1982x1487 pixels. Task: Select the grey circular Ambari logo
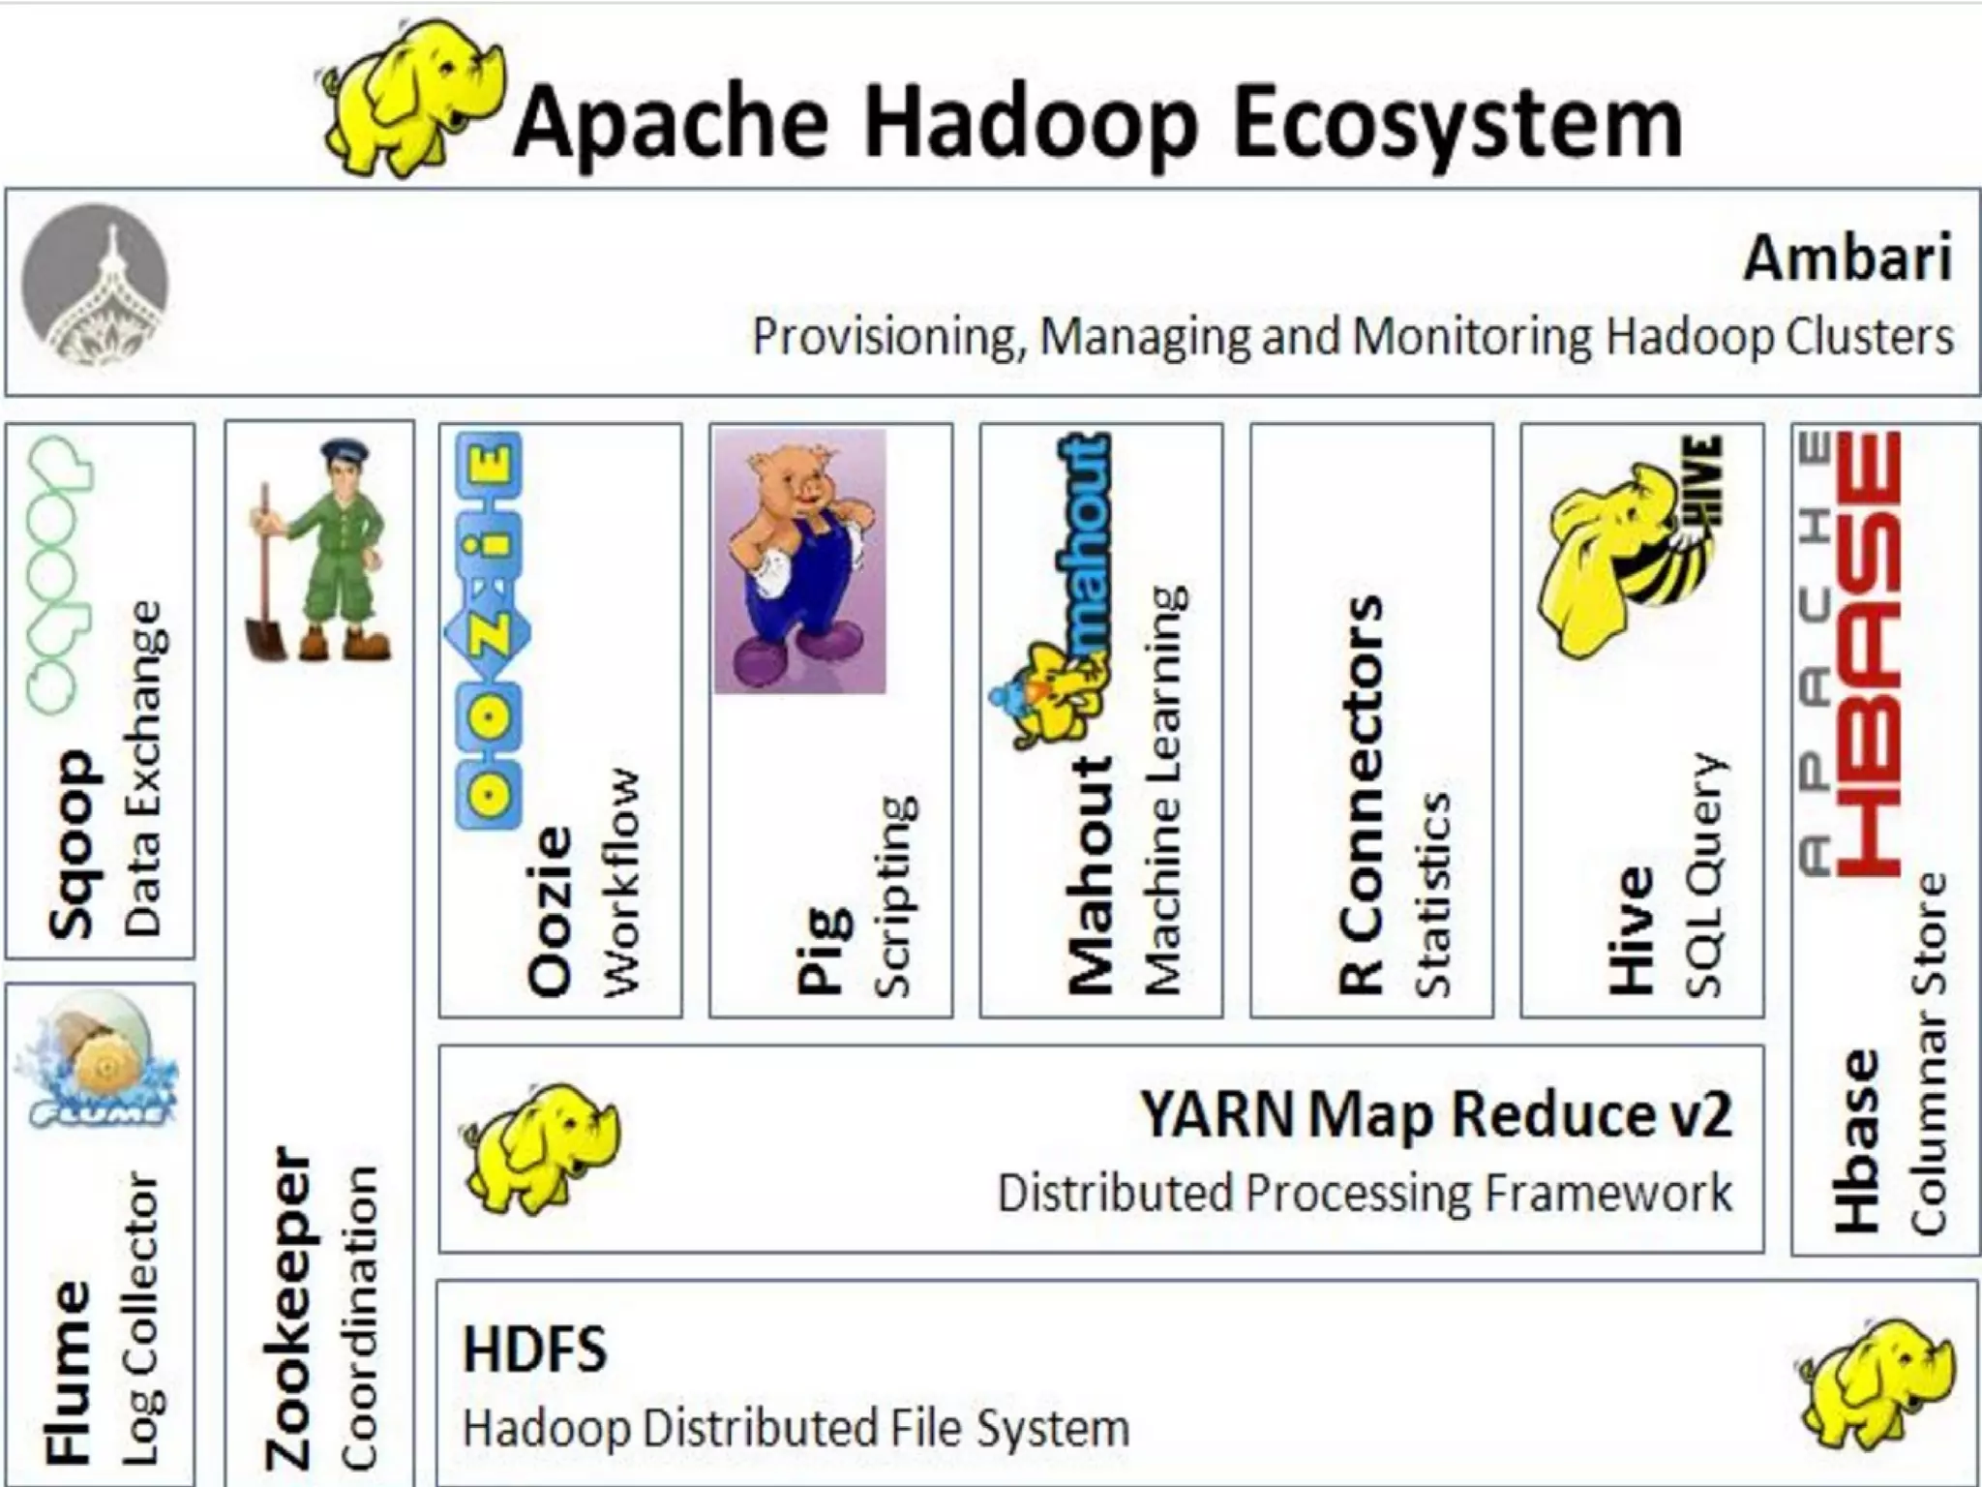tap(95, 283)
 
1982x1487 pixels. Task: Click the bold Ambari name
tap(1847, 258)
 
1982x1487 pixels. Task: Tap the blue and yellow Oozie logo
tap(489, 629)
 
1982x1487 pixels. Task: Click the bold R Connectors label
tap(1360, 794)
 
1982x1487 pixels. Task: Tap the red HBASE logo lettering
tap(1868, 653)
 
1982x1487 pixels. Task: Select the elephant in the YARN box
tap(542, 1147)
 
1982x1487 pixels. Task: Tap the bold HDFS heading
tap(534, 1349)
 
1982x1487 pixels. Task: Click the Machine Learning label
tap(1164, 789)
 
